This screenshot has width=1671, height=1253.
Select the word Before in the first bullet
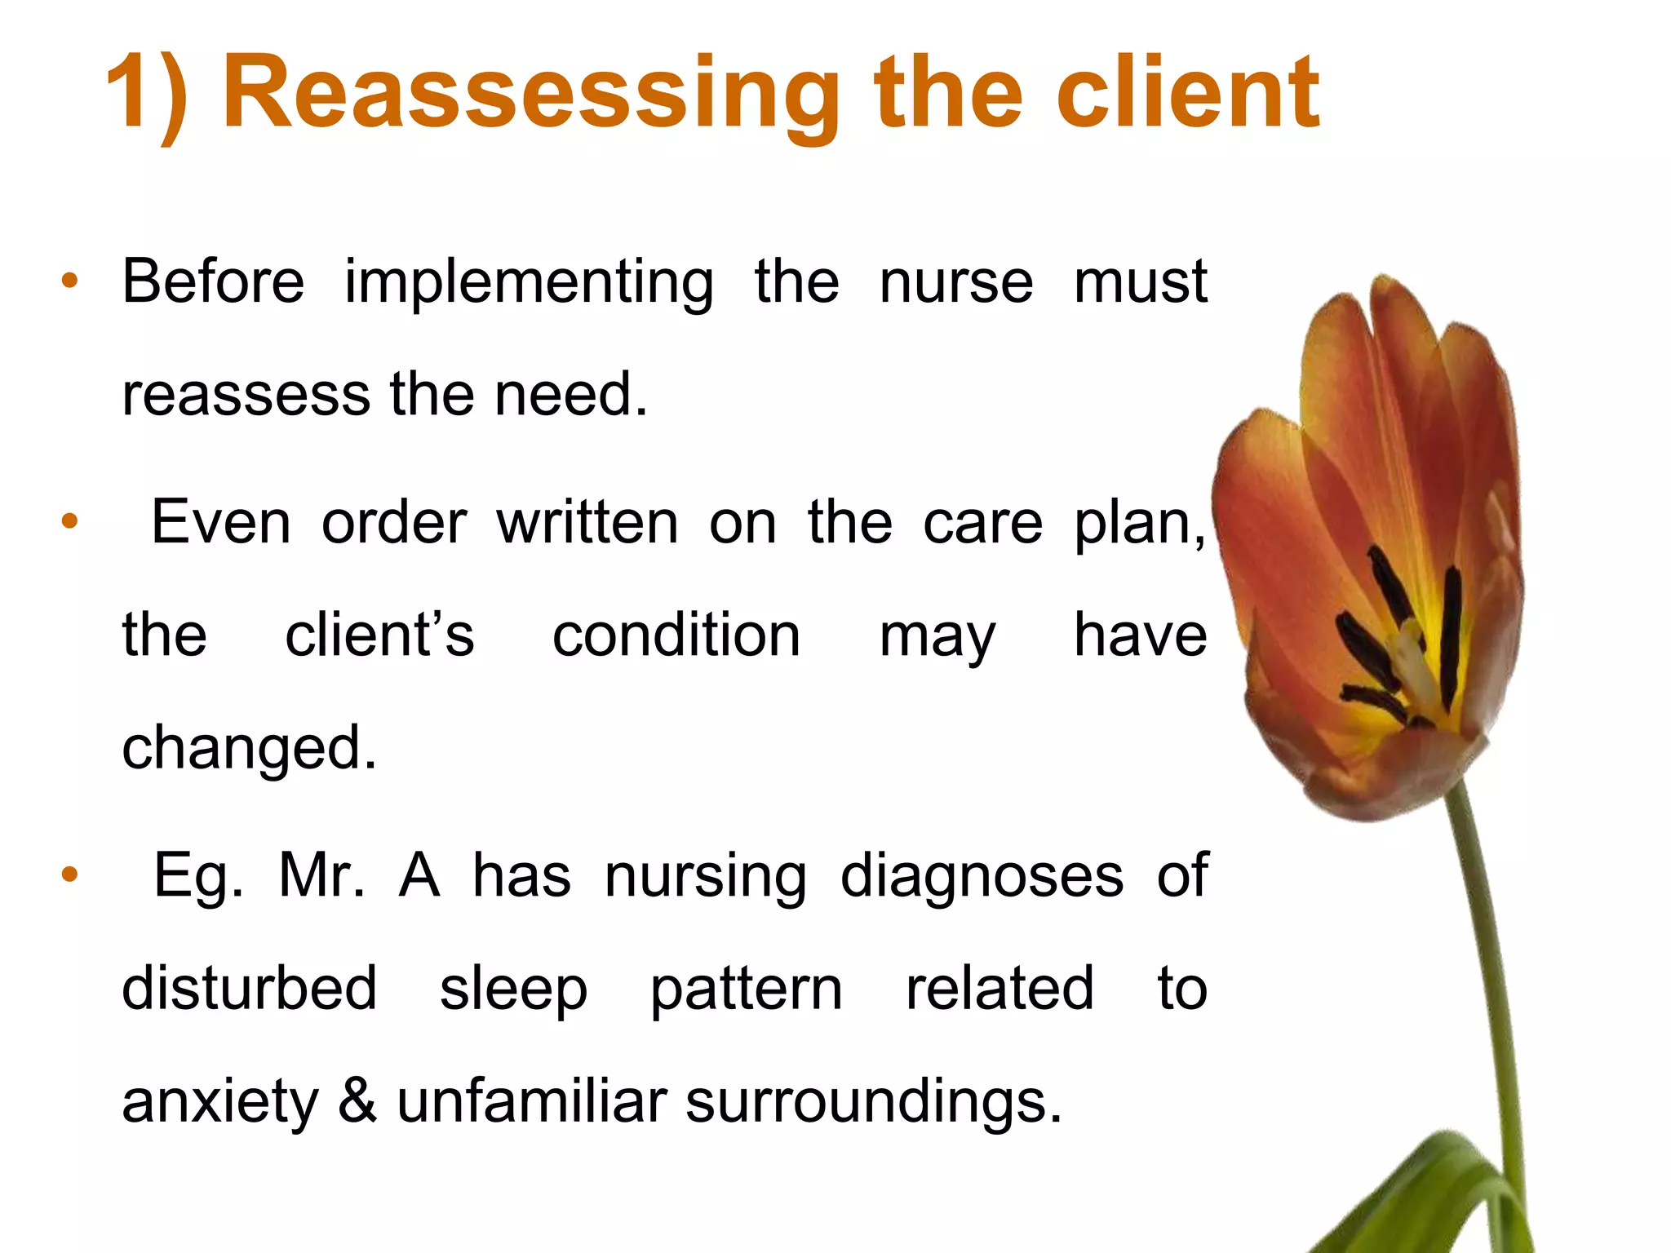(213, 281)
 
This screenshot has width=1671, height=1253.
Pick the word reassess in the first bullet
(246, 395)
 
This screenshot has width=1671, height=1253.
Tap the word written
(587, 523)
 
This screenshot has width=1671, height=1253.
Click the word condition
(676, 636)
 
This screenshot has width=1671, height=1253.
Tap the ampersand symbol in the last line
(357, 1100)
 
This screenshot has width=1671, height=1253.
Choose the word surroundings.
(874, 1102)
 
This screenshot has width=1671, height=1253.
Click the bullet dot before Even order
(70, 520)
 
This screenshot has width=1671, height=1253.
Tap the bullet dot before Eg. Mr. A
(70, 874)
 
